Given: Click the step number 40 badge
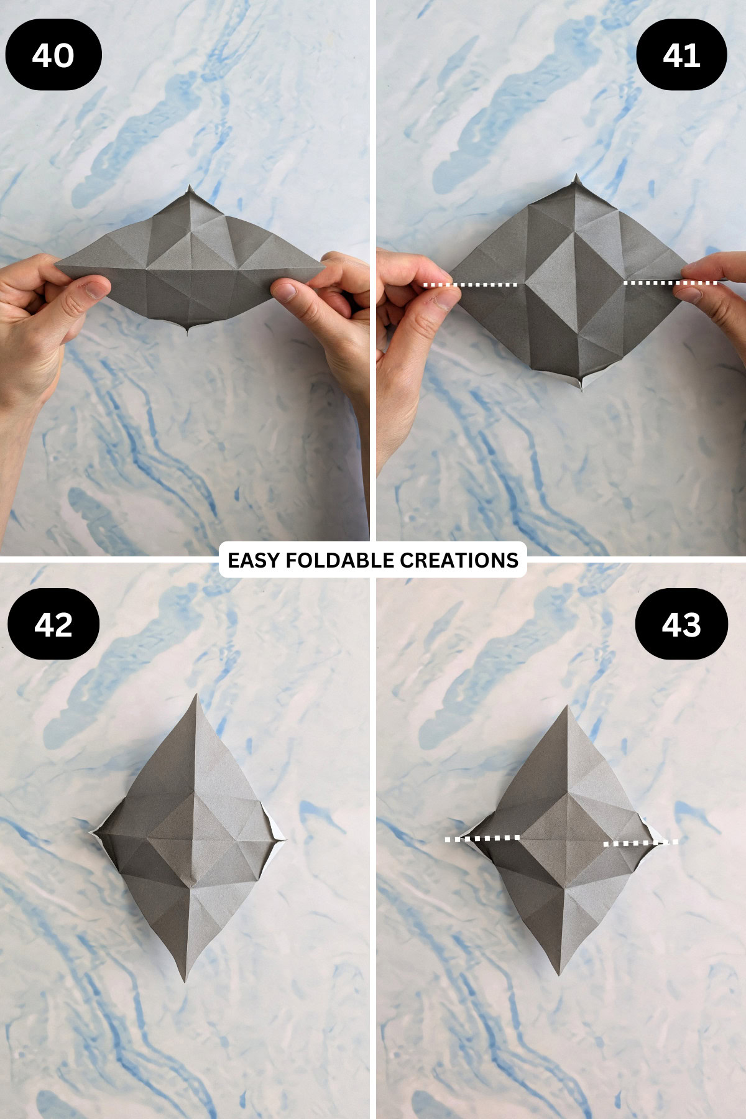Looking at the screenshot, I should click(x=53, y=55).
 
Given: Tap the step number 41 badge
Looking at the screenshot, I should click(x=681, y=55).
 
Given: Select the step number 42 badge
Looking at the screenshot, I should click(x=53, y=624).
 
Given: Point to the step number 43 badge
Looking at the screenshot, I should click(x=681, y=624).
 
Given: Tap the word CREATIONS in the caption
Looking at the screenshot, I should click(x=459, y=560).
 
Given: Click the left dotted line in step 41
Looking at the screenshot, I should click(x=470, y=285).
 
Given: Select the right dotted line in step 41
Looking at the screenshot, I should click(x=670, y=283).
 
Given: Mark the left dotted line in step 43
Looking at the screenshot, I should click(x=482, y=839).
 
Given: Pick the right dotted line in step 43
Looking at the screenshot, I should click(x=641, y=843).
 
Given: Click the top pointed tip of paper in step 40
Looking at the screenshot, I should click(x=190, y=187).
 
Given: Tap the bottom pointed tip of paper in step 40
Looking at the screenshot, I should click(x=187, y=332).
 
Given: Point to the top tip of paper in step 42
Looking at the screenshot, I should click(x=197, y=696).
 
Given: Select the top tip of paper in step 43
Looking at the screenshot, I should click(x=566, y=707).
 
